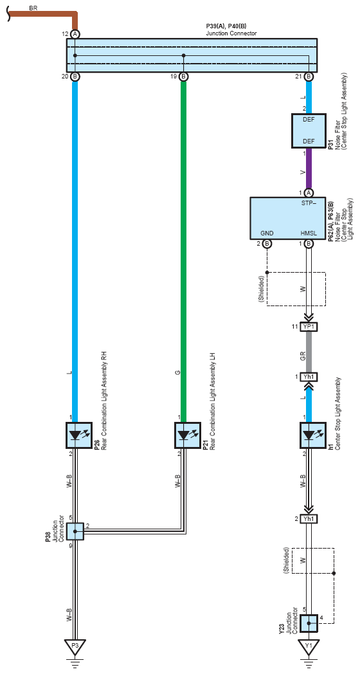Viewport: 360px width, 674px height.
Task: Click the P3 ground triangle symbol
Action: pyautogui.click(x=75, y=647)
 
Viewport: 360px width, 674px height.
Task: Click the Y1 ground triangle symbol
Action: pyautogui.click(x=309, y=647)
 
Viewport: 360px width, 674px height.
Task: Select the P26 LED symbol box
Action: pyautogui.click(x=75, y=435)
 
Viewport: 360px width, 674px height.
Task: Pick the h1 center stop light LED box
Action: pyautogui.click(x=309, y=435)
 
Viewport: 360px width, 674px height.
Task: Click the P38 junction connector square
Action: pyautogui.click(x=75, y=532)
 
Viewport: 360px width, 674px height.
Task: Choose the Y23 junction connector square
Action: pyautogui.click(x=309, y=623)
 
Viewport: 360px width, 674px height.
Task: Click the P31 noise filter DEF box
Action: pyautogui.click(x=309, y=131)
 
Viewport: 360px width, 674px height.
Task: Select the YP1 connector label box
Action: pyautogui.click(x=309, y=327)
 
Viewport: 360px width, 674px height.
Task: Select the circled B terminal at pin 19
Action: pyautogui.click(x=183, y=77)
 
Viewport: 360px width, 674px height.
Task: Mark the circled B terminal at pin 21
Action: pyautogui.click(x=309, y=77)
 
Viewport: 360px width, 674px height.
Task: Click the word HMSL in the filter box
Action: pyautogui.click(x=309, y=233)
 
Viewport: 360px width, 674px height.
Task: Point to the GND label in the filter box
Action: pyautogui.click(x=267, y=233)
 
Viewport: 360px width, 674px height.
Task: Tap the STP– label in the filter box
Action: pyautogui.click(x=309, y=203)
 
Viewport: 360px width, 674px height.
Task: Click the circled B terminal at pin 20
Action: pyautogui.click(x=75, y=77)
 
